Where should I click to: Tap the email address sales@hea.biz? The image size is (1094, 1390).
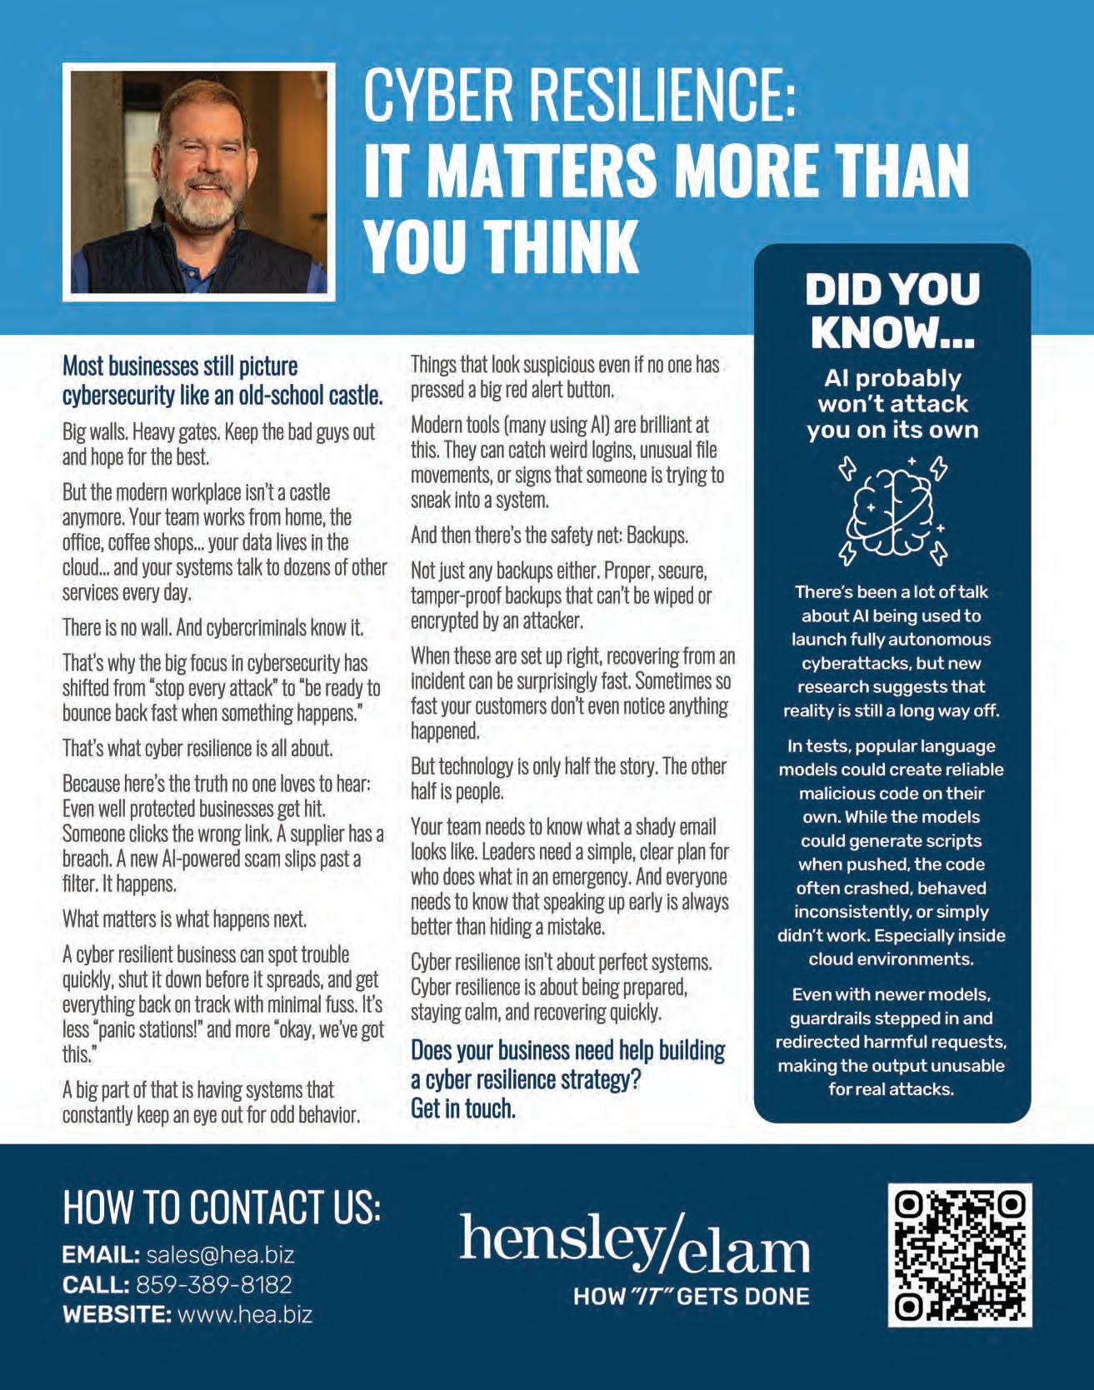pos(220,1255)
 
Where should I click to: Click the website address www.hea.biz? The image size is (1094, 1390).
pos(246,1314)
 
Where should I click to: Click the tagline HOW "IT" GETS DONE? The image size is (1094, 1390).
pos(691,1296)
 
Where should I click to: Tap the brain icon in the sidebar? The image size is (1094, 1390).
pos(892,508)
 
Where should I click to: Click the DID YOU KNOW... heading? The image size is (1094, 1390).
pos(892,310)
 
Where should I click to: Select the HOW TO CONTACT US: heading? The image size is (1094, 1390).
pos(222,1207)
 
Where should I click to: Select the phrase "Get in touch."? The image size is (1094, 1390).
pos(462,1109)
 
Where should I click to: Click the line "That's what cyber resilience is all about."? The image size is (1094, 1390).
pos(197,748)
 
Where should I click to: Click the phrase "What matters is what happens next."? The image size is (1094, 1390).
pos(185,919)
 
